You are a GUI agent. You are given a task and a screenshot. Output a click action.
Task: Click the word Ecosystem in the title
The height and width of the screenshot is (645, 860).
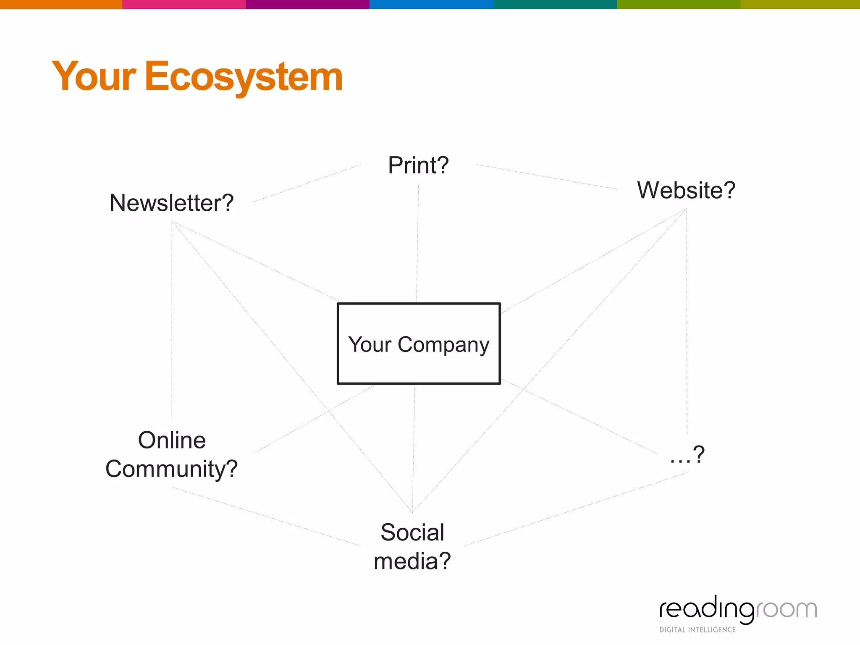(244, 76)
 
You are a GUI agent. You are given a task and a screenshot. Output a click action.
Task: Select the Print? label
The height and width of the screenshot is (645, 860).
(418, 165)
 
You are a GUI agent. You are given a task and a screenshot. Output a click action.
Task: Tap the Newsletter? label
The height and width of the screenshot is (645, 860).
(171, 203)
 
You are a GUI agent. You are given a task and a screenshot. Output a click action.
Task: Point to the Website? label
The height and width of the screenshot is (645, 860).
(686, 190)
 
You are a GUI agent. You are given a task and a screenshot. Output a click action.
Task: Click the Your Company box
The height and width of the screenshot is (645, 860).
(419, 343)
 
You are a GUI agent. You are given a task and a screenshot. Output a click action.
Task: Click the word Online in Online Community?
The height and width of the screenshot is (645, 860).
(172, 440)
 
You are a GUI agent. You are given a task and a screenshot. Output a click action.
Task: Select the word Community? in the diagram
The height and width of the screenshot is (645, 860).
(171, 469)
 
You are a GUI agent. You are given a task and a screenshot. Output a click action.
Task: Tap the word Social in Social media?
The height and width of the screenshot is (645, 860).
(412, 532)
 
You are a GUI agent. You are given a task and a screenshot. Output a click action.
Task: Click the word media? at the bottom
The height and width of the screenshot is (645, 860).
(412, 561)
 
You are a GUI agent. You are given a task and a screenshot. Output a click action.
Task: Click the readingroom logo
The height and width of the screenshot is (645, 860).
(738, 609)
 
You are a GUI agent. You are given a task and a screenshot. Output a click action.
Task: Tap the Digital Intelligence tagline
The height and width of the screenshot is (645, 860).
(697, 629)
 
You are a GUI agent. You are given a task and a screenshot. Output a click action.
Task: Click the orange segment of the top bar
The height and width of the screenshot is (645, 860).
(61, 4)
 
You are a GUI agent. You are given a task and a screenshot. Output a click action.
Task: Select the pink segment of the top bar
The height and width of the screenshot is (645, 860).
(184, 4)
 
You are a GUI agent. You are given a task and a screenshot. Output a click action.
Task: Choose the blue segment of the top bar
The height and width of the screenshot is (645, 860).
(431, 4)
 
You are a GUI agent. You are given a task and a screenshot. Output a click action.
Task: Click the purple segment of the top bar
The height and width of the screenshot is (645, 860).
(307, 4)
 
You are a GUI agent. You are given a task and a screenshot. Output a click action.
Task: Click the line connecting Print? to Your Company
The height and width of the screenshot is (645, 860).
(417, 244)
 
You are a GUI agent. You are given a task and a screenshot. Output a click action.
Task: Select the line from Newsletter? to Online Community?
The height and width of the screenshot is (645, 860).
(172, 319)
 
